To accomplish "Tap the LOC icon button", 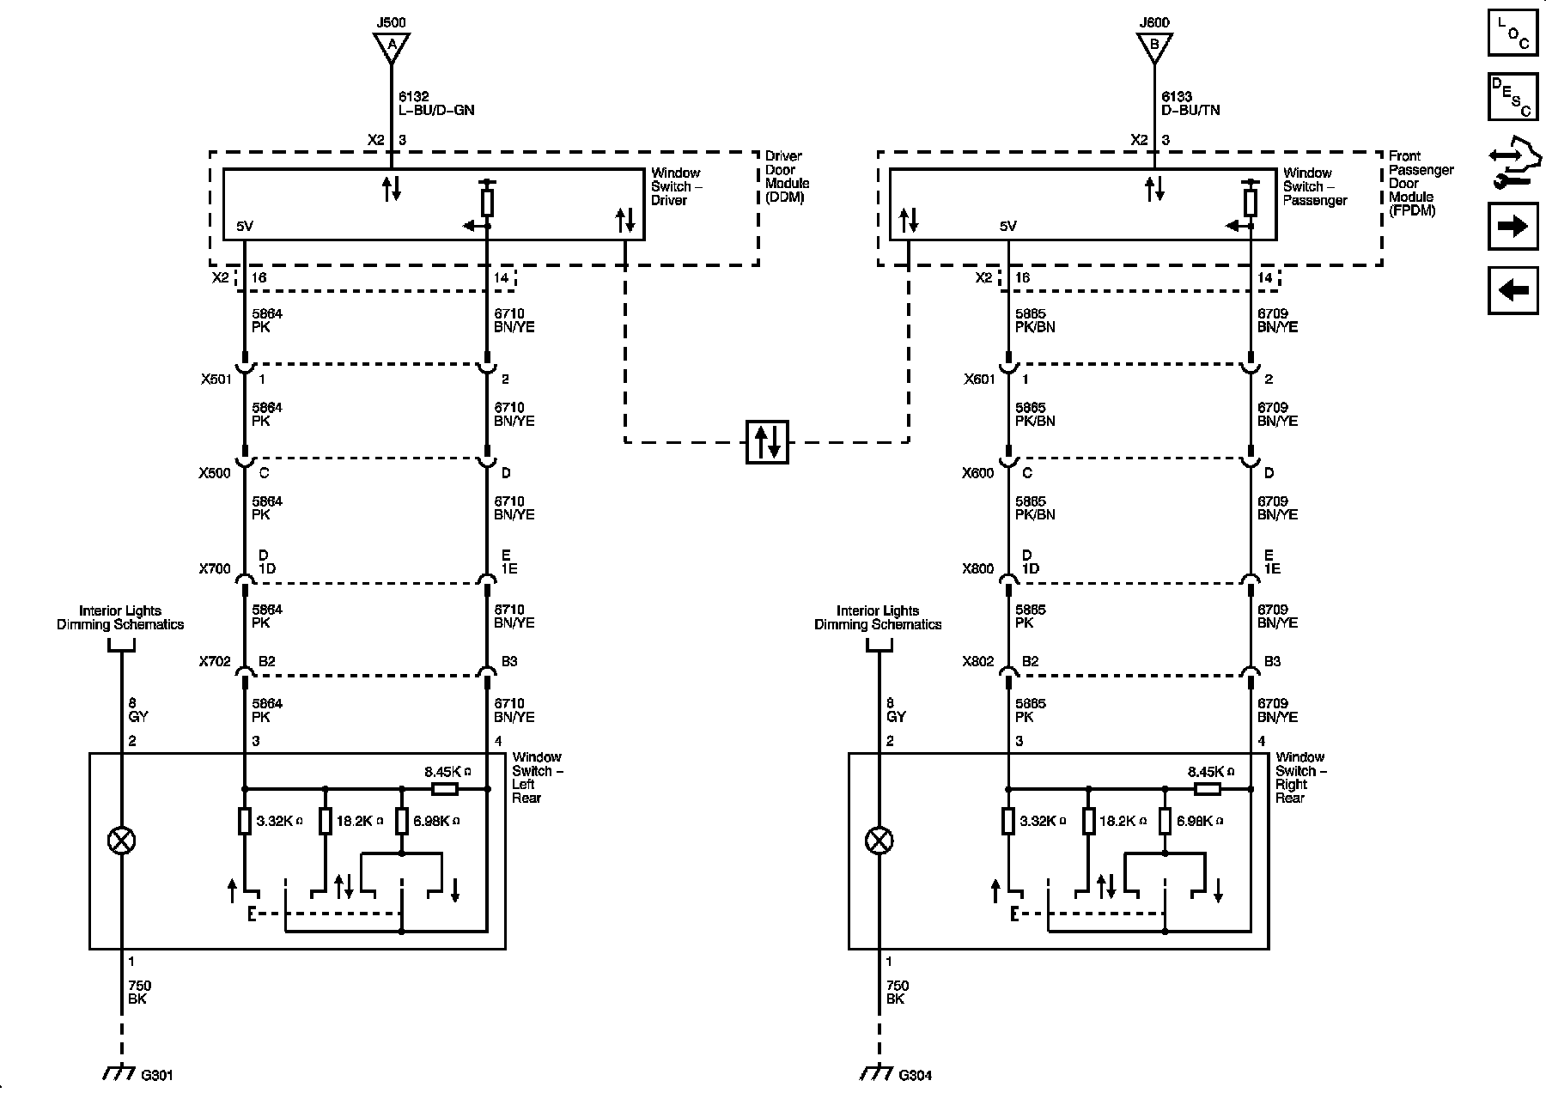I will [x=1513, y=33].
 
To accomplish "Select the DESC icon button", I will [x=1513, y=97].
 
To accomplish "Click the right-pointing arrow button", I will [x=1513, y=226].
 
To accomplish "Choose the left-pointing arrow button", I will [x=1513, y=290].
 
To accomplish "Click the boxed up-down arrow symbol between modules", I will [x=767, y=441].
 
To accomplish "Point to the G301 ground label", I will [x=156, y=1075].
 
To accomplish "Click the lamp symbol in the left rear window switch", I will [x=121, y=841].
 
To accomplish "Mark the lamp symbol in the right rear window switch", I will [x=879, y=841].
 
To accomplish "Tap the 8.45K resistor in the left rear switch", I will [x=444, y=788].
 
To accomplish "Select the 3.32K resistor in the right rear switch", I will [x=1008, y=821].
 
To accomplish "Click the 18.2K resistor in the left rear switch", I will [x=326, y=821].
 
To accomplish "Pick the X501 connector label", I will [x=215, y=379].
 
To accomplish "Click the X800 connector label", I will [x=977, y=568].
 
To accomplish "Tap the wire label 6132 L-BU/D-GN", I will [x=435, y=104].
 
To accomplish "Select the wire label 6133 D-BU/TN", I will [x=1190, y=104].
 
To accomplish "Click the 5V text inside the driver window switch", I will [x=245, y=227].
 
